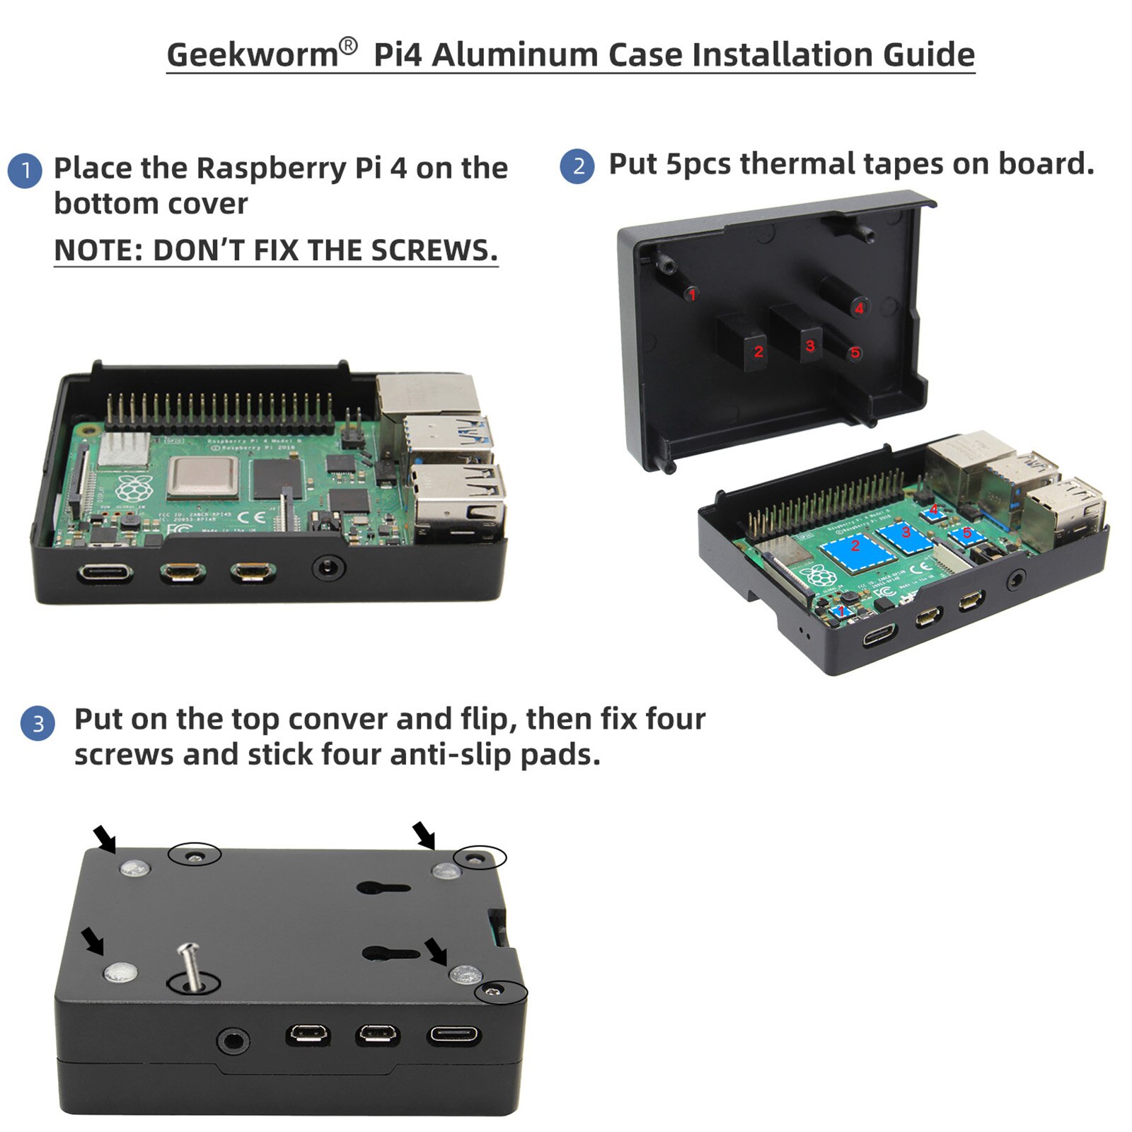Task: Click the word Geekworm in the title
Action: [253, 55]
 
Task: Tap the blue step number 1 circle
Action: [25, 171]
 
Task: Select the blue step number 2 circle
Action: [577, 166]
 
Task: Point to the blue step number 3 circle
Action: [37, 723]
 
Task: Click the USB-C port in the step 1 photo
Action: [105, 572]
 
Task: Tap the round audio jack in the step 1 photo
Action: [329, 567]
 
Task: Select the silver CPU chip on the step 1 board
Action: [204, 478]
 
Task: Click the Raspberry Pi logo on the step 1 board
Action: [134, 489]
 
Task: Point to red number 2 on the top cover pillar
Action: [758, 351]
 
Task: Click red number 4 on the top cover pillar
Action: [859, 308]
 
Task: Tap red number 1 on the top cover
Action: [692, 294]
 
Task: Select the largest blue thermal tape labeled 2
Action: [855, 546]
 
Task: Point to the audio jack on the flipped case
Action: [233, 1041]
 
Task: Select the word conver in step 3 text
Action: [337, 720]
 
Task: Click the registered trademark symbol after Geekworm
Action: [348, 46]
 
